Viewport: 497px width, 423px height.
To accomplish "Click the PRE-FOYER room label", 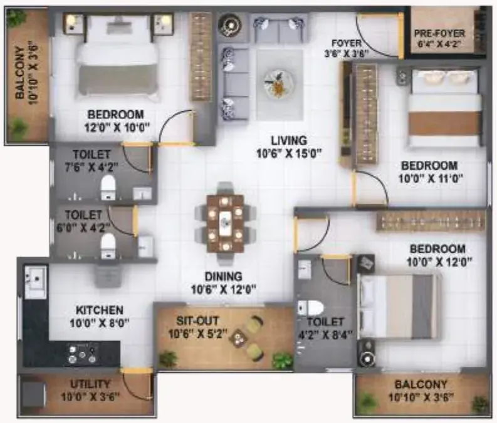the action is pyautogui.click(x=439, y=33).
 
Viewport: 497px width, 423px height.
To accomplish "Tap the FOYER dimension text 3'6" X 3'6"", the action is pyautogui.click(x=347, y=53).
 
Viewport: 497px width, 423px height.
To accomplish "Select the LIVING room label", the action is pyautogui.click(x=289, y=140).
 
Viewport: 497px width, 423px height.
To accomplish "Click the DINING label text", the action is pyautogui.click(x=224, y=277).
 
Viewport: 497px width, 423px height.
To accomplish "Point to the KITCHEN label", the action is pyautogui.click(x=100, y=310).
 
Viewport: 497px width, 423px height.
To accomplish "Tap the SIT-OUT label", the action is pyautogui.click(x=197, y=321).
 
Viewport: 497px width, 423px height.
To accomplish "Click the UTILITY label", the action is pyautogui.click(x=90, y=384).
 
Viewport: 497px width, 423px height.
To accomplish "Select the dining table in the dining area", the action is pyautogui.click(x=226, y=223).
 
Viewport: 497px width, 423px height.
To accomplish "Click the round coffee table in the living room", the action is pyautogui.click(x=278, y=83).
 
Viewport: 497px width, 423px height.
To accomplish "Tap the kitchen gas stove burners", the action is pyautogui.click(x=82, y=354).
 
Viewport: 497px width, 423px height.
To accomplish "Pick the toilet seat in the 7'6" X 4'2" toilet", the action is pyautogui.click(x=108, y=187).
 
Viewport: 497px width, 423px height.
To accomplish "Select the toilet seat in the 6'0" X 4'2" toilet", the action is pyautogui.click(x=108, y=246).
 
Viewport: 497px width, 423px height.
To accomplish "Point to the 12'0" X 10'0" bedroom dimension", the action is pyautogui.click(x=117, y=128).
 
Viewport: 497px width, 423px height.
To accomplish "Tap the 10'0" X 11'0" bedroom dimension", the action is pyautogui.click(x=431, y=178).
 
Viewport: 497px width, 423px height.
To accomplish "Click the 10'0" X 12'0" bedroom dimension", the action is pyautogui.click(x=439, y=262).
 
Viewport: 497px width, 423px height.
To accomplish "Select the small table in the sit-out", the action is pyautogui.click(x=238, y=339).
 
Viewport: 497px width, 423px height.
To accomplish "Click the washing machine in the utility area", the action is pyautogui.click(x=33, y=394).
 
